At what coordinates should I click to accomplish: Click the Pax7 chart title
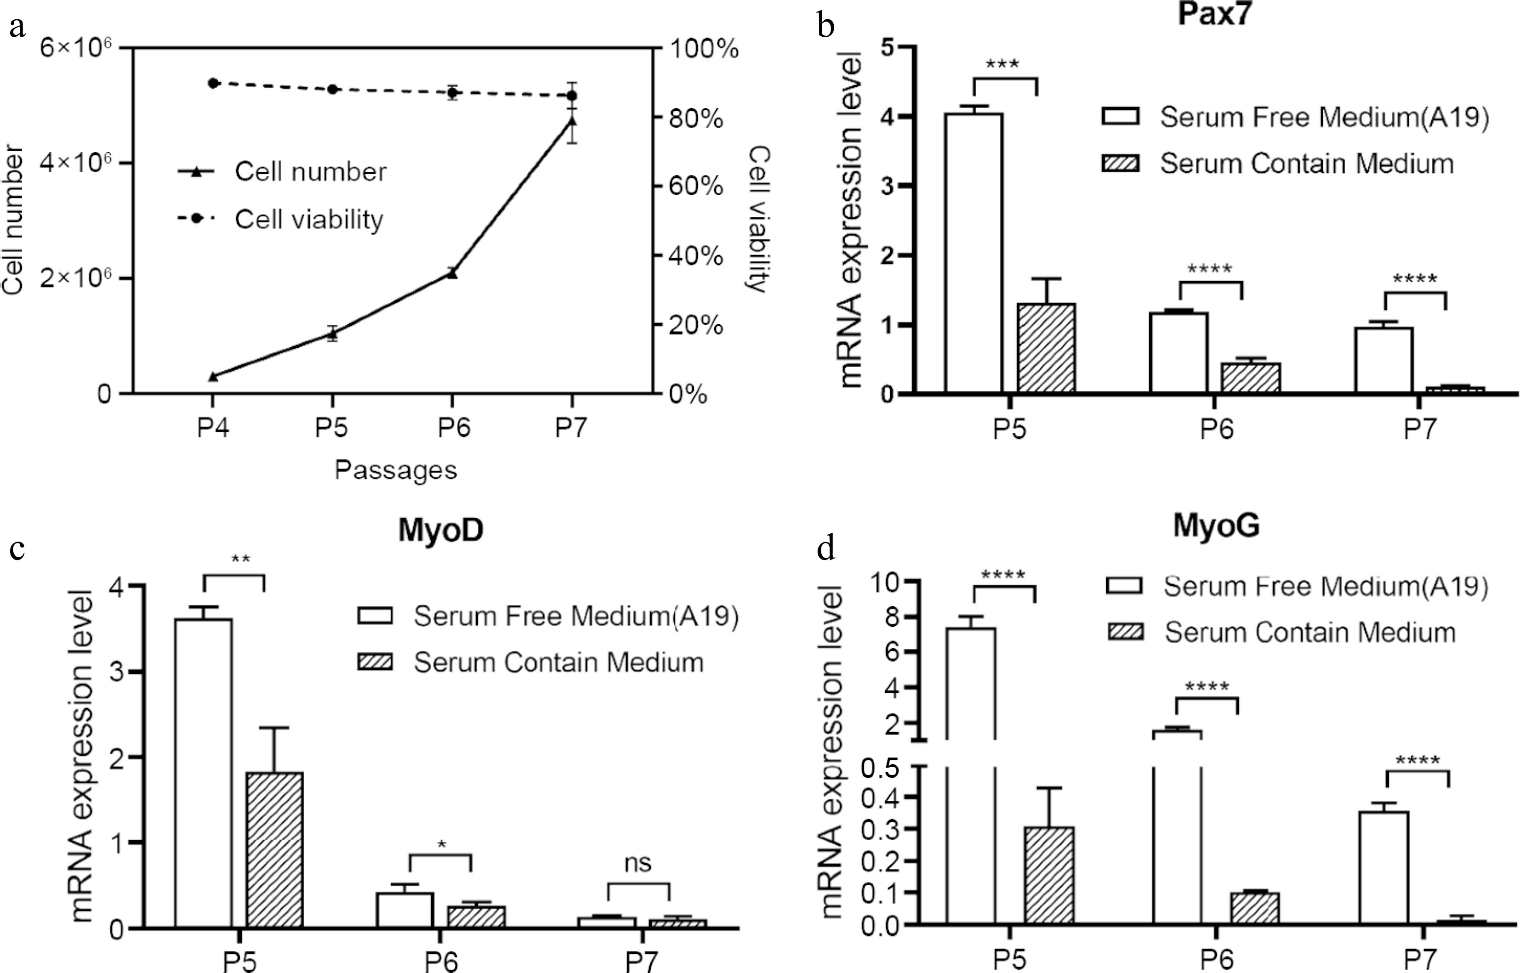[1214, 14]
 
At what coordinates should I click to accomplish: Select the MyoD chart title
[440, 530]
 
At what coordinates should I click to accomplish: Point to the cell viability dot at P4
[213, 83]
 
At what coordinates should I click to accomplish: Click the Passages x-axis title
[396, 470]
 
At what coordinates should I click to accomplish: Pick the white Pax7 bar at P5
[973, 253]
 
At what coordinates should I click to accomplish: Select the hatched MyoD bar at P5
[274, 850]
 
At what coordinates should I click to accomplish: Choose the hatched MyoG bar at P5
[1049, 876]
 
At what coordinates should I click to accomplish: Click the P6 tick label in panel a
[453, 428]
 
